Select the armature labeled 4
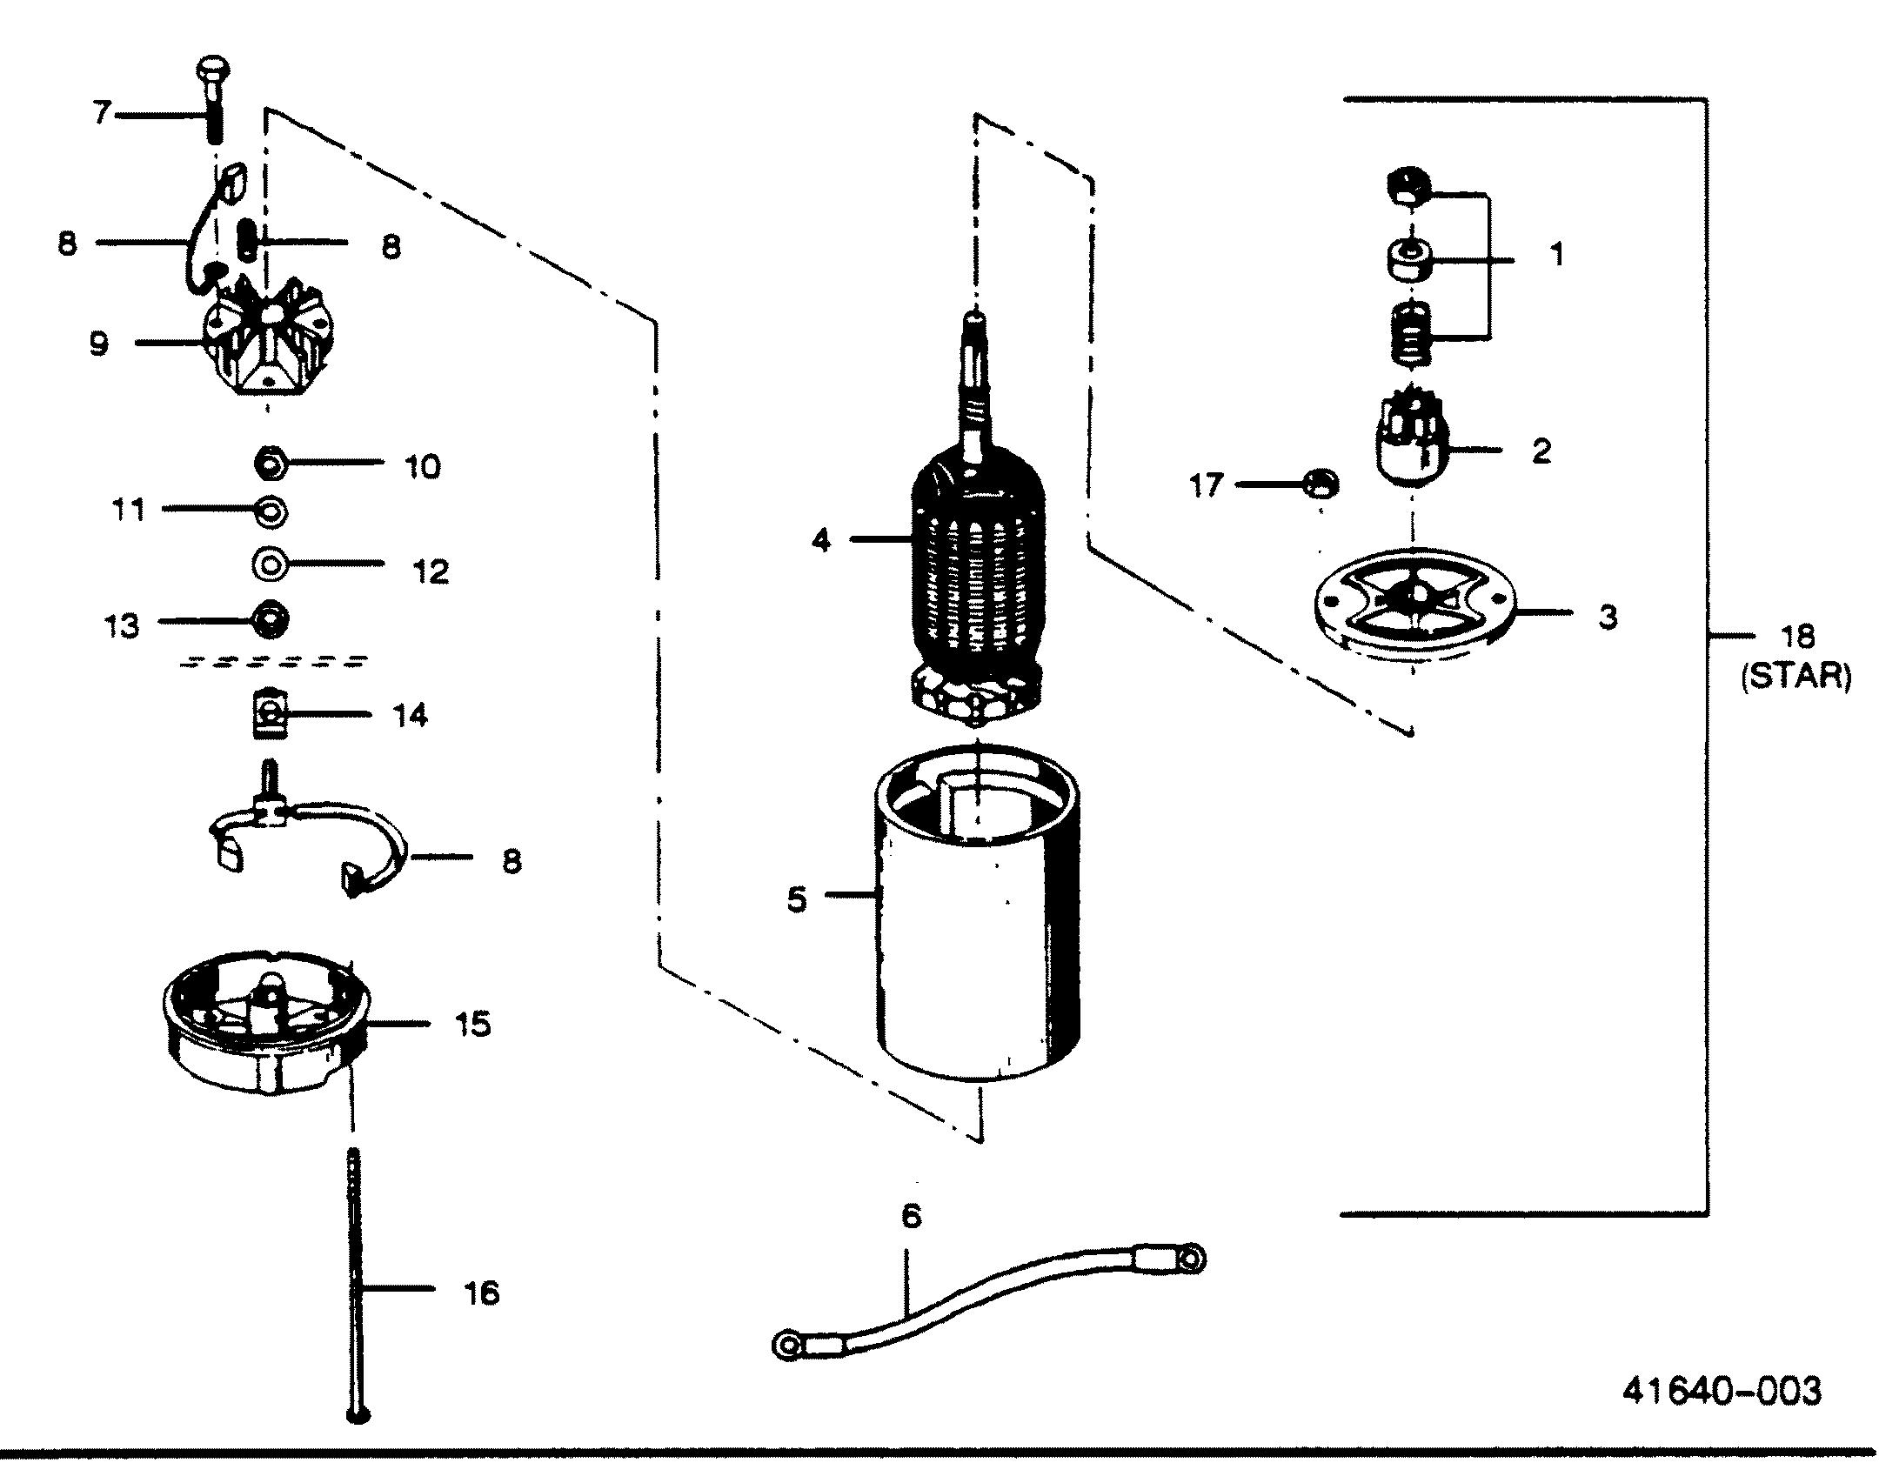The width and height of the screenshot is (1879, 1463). point(976,565)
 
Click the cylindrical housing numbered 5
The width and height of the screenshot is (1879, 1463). point(976,939)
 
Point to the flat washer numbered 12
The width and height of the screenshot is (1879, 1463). point(270,564)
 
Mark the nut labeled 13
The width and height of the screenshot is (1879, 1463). point(270,621)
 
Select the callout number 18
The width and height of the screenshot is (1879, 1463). point(1797,637)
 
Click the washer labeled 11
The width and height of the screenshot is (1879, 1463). point(270,511)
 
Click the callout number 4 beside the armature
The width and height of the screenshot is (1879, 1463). point(820,540)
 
